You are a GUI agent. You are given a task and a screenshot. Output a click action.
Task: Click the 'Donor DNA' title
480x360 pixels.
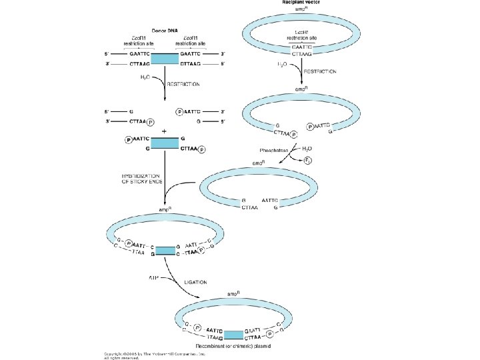click(x=165, y=31)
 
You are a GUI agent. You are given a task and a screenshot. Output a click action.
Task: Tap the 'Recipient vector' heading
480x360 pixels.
click(x=302, y=3)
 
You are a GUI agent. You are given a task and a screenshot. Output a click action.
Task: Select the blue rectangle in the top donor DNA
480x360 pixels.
click(x=165, y=59)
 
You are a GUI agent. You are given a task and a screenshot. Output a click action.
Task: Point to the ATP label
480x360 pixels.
click(x=153, y=274)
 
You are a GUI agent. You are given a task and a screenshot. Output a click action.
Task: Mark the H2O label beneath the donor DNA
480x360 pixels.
click(x=145, y=77)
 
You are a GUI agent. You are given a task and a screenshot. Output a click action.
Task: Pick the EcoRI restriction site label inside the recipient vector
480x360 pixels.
click(x=302, y=35)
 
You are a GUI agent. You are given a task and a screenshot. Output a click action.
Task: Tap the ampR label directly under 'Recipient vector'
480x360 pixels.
click(x=302, y=11)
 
